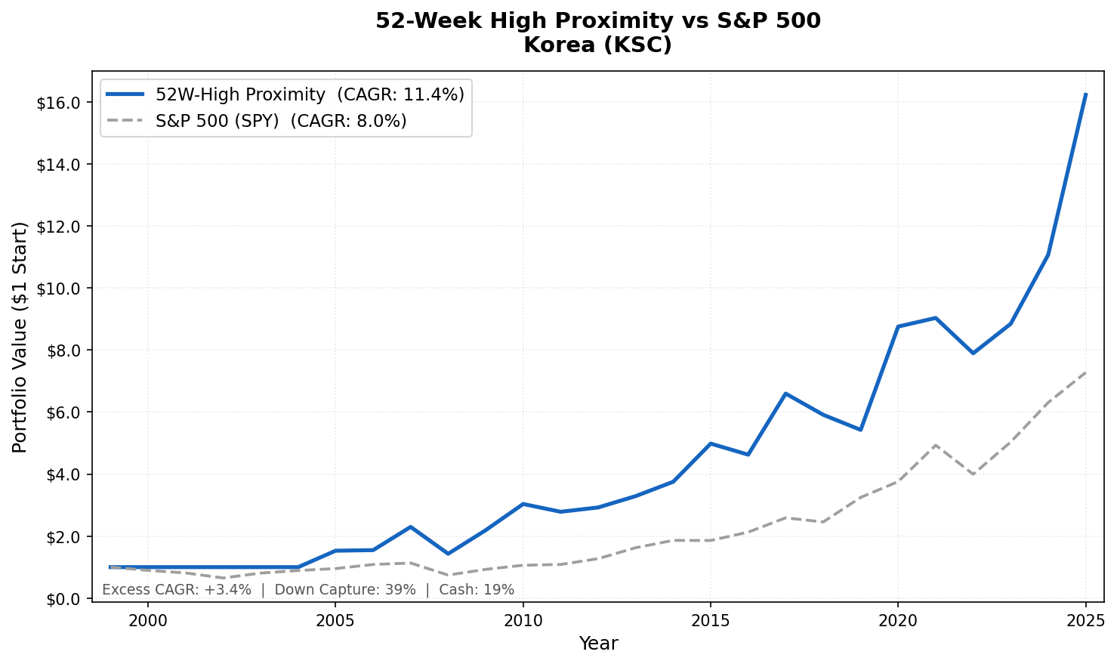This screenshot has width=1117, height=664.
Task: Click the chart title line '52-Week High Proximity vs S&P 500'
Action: click(x=597, y=21)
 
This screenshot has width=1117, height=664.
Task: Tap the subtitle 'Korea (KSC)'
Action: click(x=597, y=45)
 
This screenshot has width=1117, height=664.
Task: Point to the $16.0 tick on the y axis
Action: click(x=58, y=103)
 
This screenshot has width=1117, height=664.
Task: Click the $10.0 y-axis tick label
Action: click(x=58, y=289)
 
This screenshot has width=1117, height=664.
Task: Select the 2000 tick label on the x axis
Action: click(x=147, y=621)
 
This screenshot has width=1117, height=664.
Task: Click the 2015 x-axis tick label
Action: click(x=710, y=621)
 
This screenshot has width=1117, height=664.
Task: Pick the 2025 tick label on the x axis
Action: click(x=1085, y=621)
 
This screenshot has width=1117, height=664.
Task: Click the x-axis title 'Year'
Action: click(x=598, y=644)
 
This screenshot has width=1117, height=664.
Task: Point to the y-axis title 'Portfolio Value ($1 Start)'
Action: click(x=20, y=337)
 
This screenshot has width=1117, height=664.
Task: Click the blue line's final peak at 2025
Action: click(x=1085, y=94)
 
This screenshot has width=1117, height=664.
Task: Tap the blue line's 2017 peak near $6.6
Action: click(x=785, y=394)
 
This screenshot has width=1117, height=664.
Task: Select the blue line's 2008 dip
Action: click(x=448, y=554)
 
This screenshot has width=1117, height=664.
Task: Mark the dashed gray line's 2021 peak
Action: click(x=935, y=445)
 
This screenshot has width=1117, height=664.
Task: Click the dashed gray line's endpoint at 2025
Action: click(x=1085, y=372)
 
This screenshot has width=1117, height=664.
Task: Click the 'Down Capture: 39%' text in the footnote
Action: click(x=345, y=590)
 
